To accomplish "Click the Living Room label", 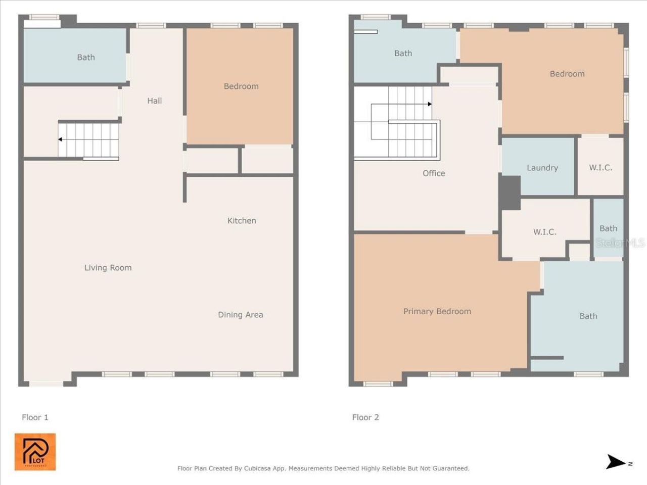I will (108, 268).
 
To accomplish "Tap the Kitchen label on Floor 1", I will (242, 221).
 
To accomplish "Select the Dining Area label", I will (240, 315).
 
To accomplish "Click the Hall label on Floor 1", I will (155, 101).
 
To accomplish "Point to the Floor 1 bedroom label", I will (241, 86).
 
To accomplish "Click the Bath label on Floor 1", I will (86, 58).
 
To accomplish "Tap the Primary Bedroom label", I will (437, 312).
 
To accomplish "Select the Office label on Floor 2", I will (434, 173).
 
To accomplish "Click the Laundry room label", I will (542, 168).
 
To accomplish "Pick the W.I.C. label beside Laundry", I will (600, 168).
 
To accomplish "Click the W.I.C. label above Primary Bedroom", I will (544, 232).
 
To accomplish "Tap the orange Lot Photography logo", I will (35, 452).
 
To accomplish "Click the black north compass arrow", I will (616, 462).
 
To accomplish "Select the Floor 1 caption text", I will (35, 417).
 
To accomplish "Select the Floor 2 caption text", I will (365, 417).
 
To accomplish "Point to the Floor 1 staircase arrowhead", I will (60, 139).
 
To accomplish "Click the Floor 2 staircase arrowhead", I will (430, 104).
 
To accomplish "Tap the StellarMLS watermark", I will (620, 243).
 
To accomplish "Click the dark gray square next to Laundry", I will (510, 192).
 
